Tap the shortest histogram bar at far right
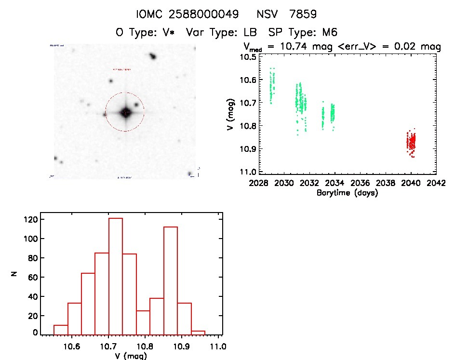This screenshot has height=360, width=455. tap(198, 333)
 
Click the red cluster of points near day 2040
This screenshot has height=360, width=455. tap(411, 143)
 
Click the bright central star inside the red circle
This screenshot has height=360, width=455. tap(125, 112)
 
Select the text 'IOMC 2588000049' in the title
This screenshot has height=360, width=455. tap(187, 14)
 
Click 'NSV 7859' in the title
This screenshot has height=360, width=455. tap(287, 14)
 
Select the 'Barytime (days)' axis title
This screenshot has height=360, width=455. tap(347, 193)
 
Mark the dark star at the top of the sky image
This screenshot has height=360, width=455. tap(153, 57)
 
